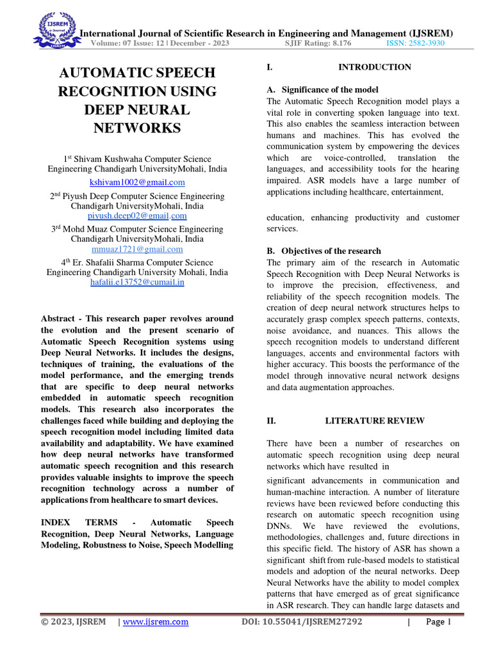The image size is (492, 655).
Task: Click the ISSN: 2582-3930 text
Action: (x=415, y=43)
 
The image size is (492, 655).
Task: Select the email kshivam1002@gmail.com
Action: (x=137, y=182)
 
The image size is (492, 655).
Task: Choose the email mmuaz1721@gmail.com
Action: (x=137, y=249)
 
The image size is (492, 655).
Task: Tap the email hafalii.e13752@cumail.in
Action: (x=137, y=282)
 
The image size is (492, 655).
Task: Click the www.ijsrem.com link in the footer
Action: (x=155, y=622)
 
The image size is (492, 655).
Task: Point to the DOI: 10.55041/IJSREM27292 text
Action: (x=302, y=622)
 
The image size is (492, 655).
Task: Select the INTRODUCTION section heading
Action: (x=375, y=67)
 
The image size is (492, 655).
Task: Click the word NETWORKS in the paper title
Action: (x=137, y=128)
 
